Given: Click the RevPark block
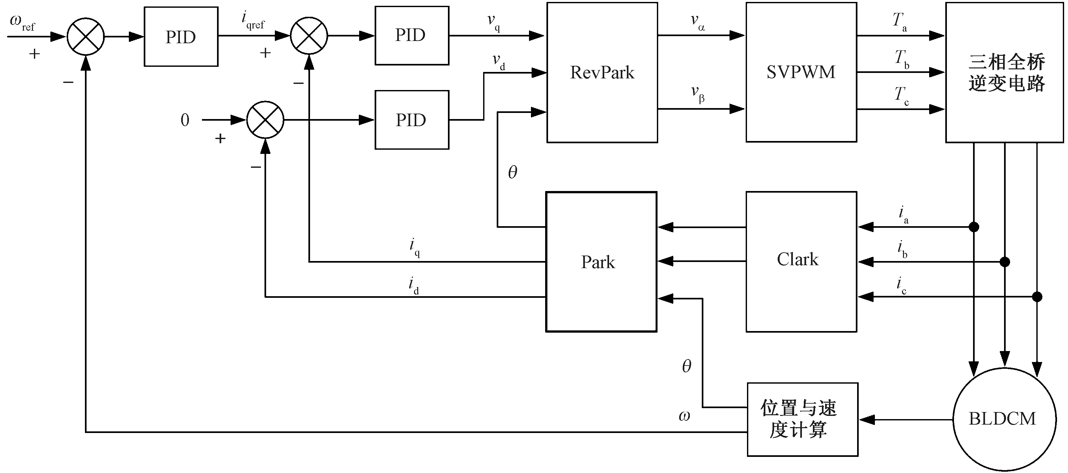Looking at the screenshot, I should coord(602,73).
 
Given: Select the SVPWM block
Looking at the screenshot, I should coord(801,72).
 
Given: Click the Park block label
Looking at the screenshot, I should coord(598,262).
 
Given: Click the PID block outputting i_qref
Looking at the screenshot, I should coord(181,36).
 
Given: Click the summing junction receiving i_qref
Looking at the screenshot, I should coord(309,35).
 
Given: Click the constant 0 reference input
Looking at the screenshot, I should coord(185,120).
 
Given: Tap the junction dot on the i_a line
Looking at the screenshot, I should coord(974,227).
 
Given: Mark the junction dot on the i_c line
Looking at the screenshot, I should coord(1037,297).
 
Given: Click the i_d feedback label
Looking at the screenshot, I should coord(413,285).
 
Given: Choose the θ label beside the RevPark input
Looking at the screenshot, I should coord(513,172).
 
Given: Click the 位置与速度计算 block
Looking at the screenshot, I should coord(802,419).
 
